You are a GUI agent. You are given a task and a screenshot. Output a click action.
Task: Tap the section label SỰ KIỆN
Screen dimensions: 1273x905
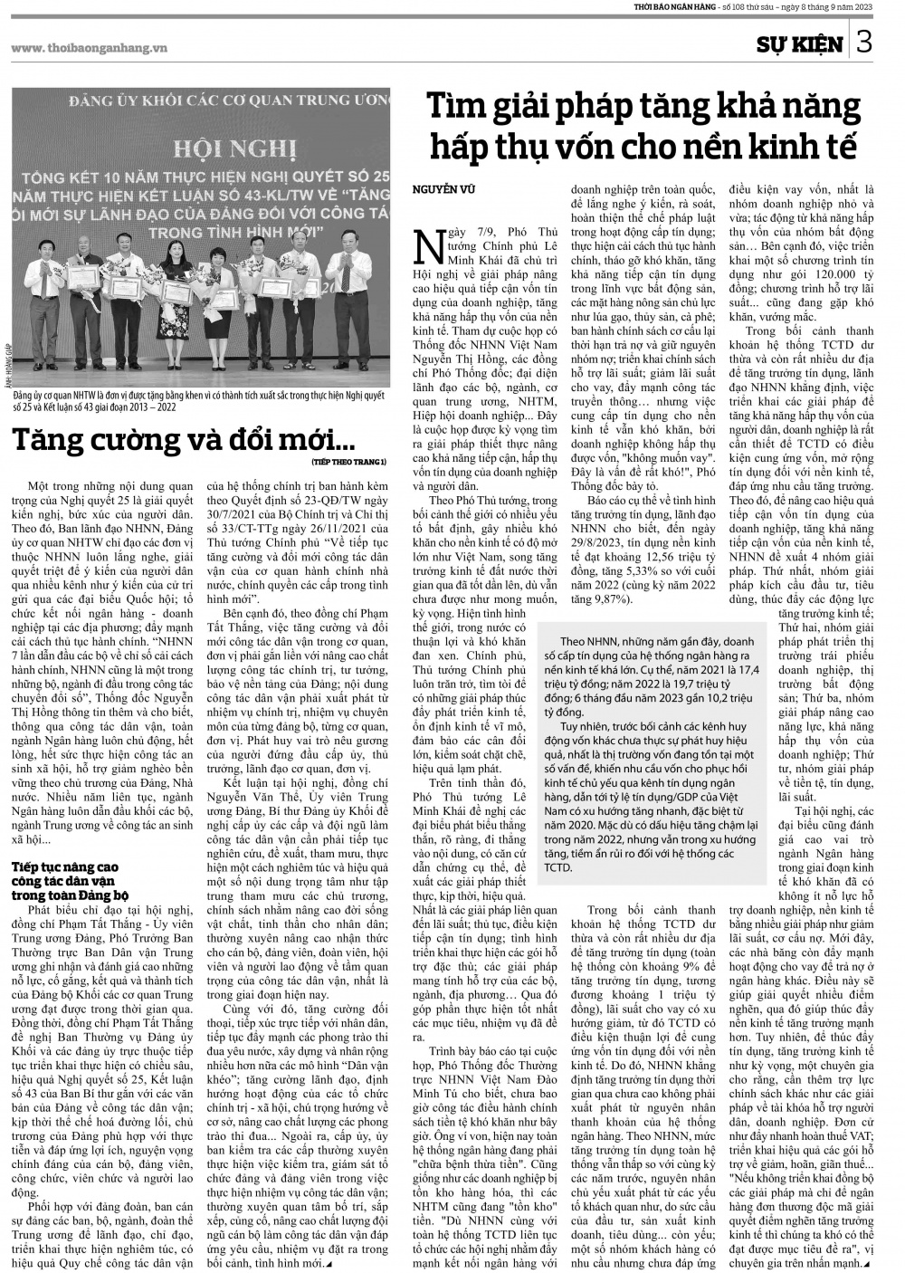(x=800, y=43)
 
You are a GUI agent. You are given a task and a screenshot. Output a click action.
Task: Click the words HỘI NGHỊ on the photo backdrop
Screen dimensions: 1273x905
(x=203, y=146)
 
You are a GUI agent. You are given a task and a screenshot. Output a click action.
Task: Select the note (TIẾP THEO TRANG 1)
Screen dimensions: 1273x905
(x=348, y=461)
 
